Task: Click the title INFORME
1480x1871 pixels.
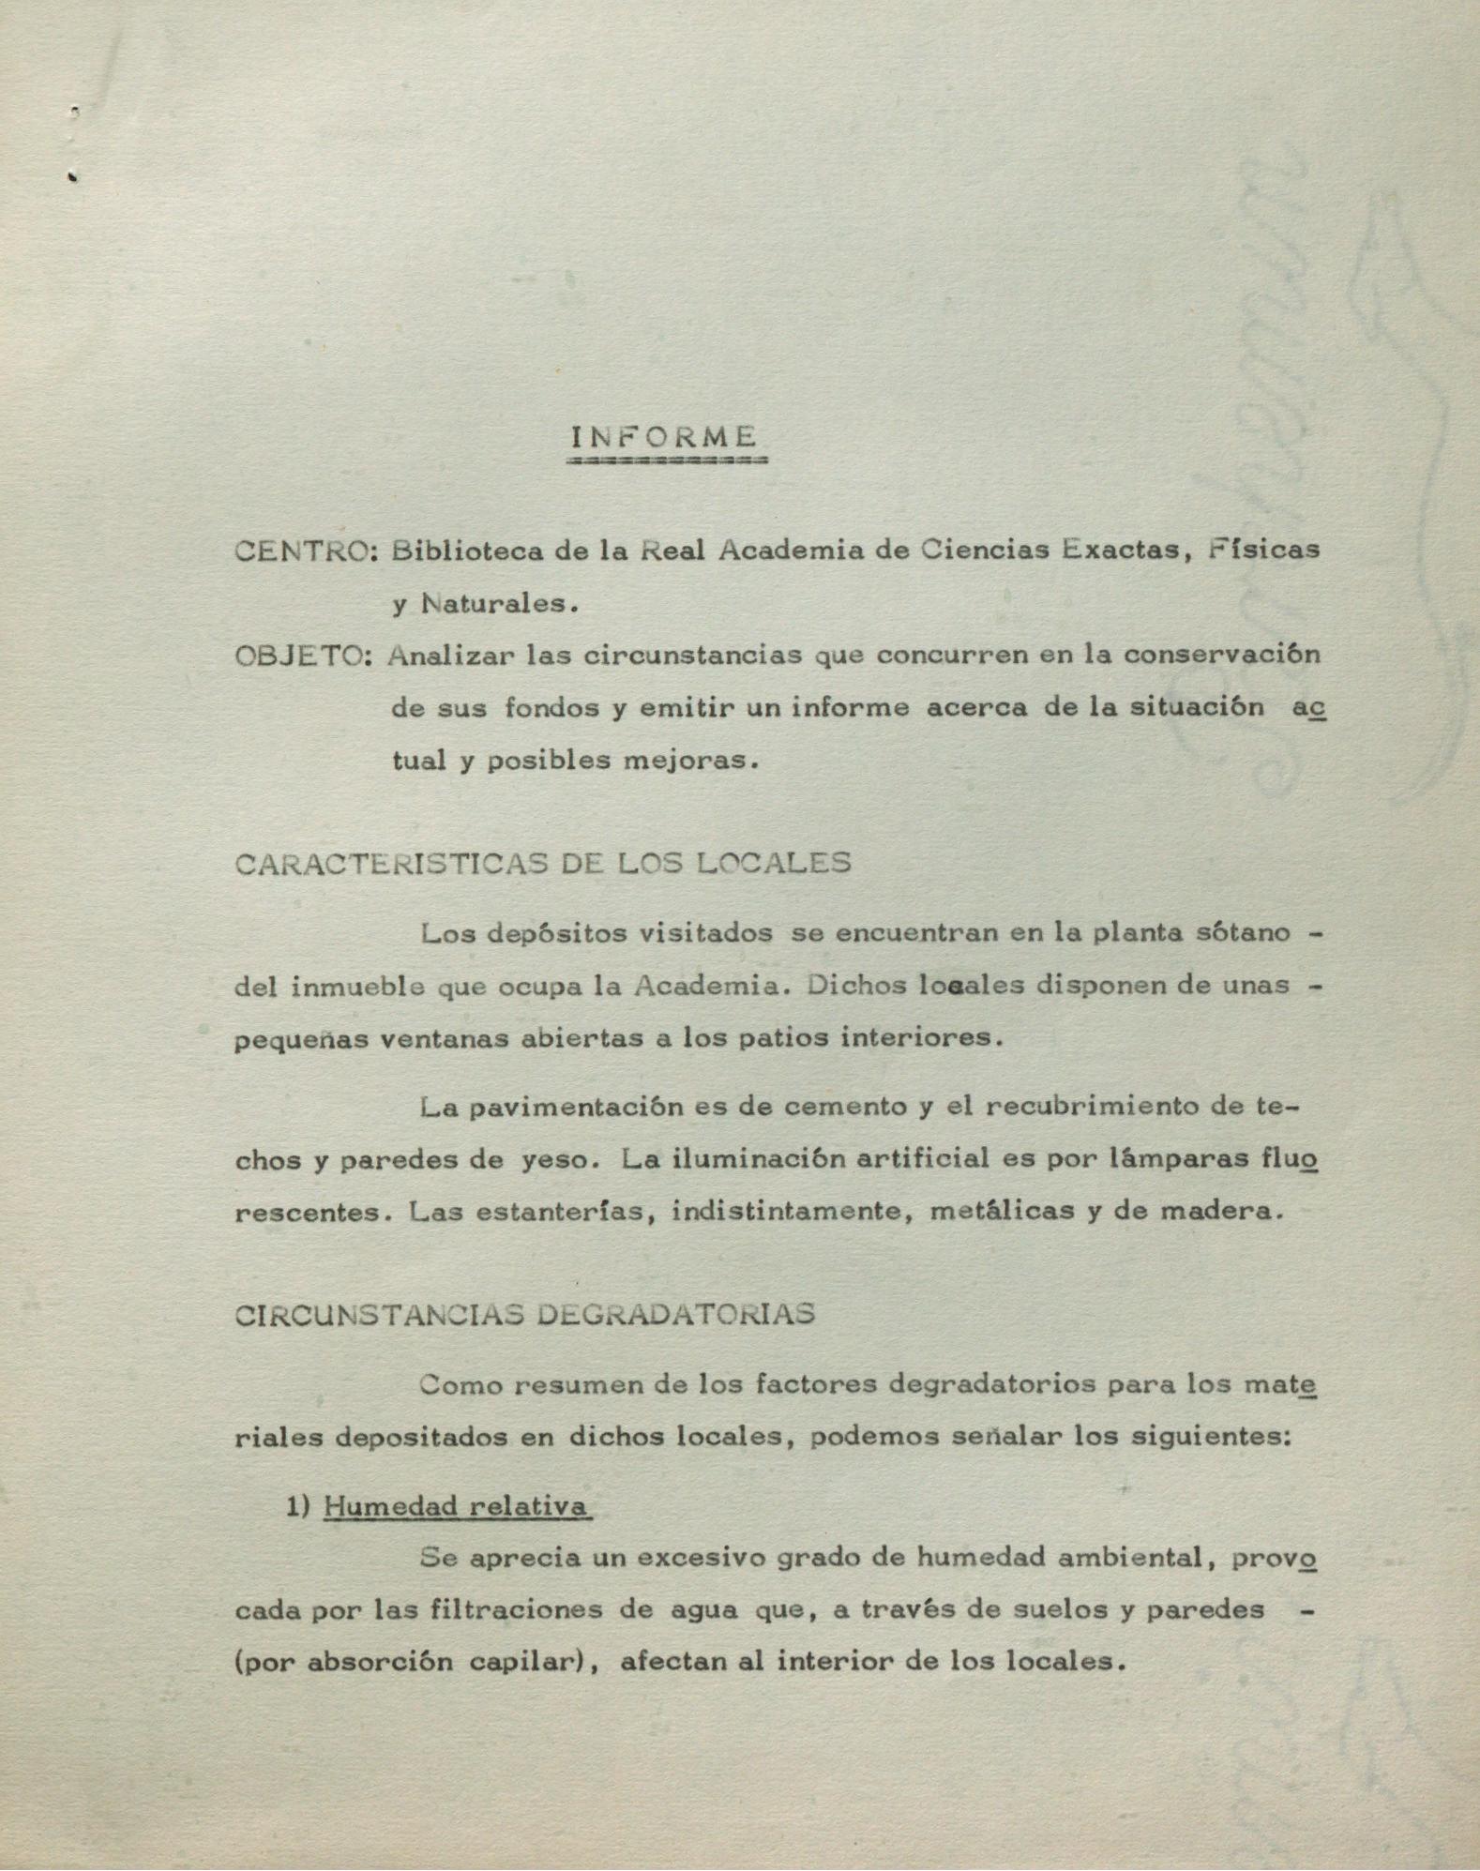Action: click(x=664, y=437)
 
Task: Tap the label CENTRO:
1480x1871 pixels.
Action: click(x=305, y=551)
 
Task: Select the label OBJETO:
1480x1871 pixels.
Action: click(x=304, y=655)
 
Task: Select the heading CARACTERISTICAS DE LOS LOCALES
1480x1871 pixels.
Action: click(x=543, y=863)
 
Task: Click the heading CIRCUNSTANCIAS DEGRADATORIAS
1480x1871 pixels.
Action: click(x=524, y=1314)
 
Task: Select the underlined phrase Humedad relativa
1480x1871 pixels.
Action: click(x=456, y=1506)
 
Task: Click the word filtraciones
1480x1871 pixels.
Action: click(x=507, y=1610)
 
